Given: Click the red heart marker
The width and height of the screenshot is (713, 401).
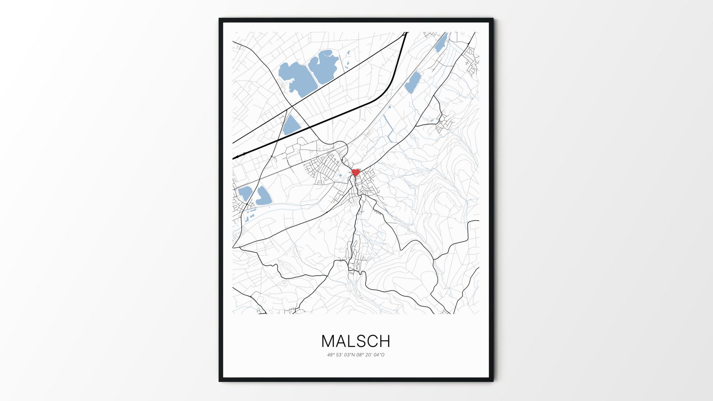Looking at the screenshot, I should [x=356, y=173].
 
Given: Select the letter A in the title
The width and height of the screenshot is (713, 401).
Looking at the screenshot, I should [x=342, y=341].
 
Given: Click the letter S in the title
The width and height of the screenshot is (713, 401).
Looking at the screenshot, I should [x=362, y=341].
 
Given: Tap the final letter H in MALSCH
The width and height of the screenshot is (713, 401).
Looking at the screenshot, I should [x=385, y=341].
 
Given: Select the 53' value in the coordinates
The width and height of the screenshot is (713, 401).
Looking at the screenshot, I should [x=339, y=355].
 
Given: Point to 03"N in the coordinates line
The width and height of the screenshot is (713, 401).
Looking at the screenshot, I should [x=350, y=355].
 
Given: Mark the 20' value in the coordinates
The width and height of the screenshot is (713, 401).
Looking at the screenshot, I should [x=369, y=355].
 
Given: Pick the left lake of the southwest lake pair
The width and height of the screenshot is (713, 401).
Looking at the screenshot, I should [x=245, y=192].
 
